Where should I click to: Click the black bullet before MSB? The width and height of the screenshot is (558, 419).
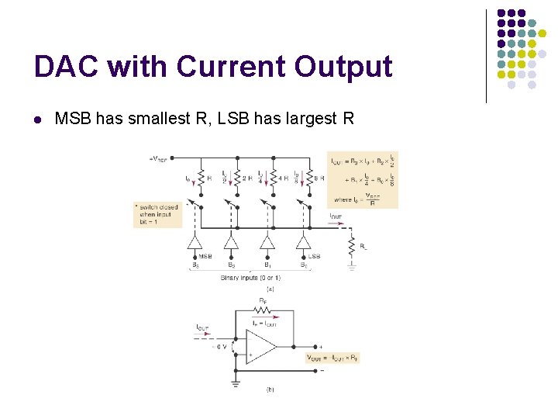[x=37, y=119]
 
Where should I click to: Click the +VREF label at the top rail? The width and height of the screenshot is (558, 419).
[x=160, y=159]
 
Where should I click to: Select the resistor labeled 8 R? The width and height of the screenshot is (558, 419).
[x=310, y=178]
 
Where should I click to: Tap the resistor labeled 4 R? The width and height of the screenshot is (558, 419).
[x=274, y=178]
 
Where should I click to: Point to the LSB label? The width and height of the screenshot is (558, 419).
[x=314, y=255]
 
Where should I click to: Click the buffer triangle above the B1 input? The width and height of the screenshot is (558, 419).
[x=267, y=241]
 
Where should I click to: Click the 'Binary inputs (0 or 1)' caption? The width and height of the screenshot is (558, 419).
[x=250, y=277]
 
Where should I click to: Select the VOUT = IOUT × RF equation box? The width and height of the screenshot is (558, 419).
[x=333, y=358]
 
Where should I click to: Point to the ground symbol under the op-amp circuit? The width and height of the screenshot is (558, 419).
[x=235, y=382]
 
